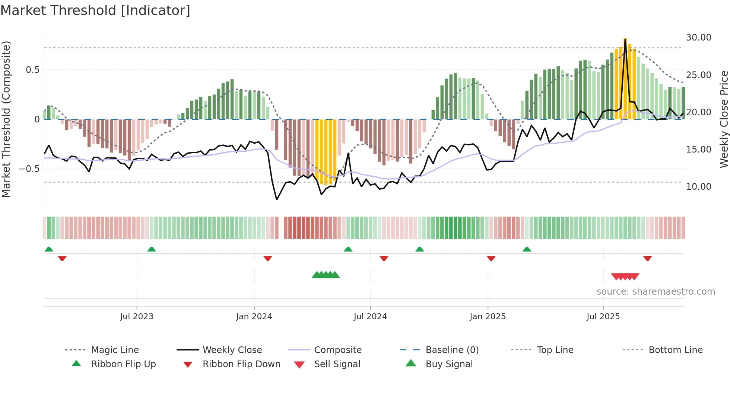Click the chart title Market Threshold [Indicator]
95,10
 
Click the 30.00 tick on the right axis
698,38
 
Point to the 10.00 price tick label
698,187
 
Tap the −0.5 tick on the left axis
29,169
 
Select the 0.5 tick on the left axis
32,70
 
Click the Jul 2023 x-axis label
137,317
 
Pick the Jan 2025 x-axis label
488,317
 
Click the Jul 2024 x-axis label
370,317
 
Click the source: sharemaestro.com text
656,292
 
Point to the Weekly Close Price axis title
724,119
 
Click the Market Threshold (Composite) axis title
6,119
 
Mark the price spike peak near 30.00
625,39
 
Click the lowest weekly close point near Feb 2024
277,200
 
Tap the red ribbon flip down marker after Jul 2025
647,258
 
